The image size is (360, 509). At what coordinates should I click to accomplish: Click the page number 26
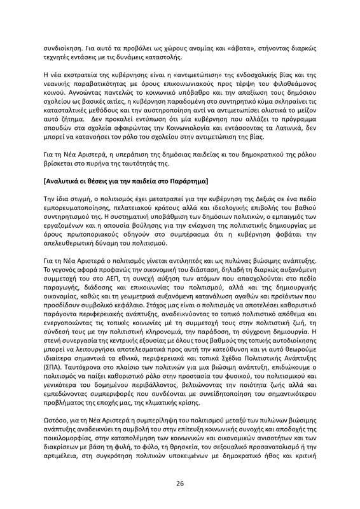(180, 483)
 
